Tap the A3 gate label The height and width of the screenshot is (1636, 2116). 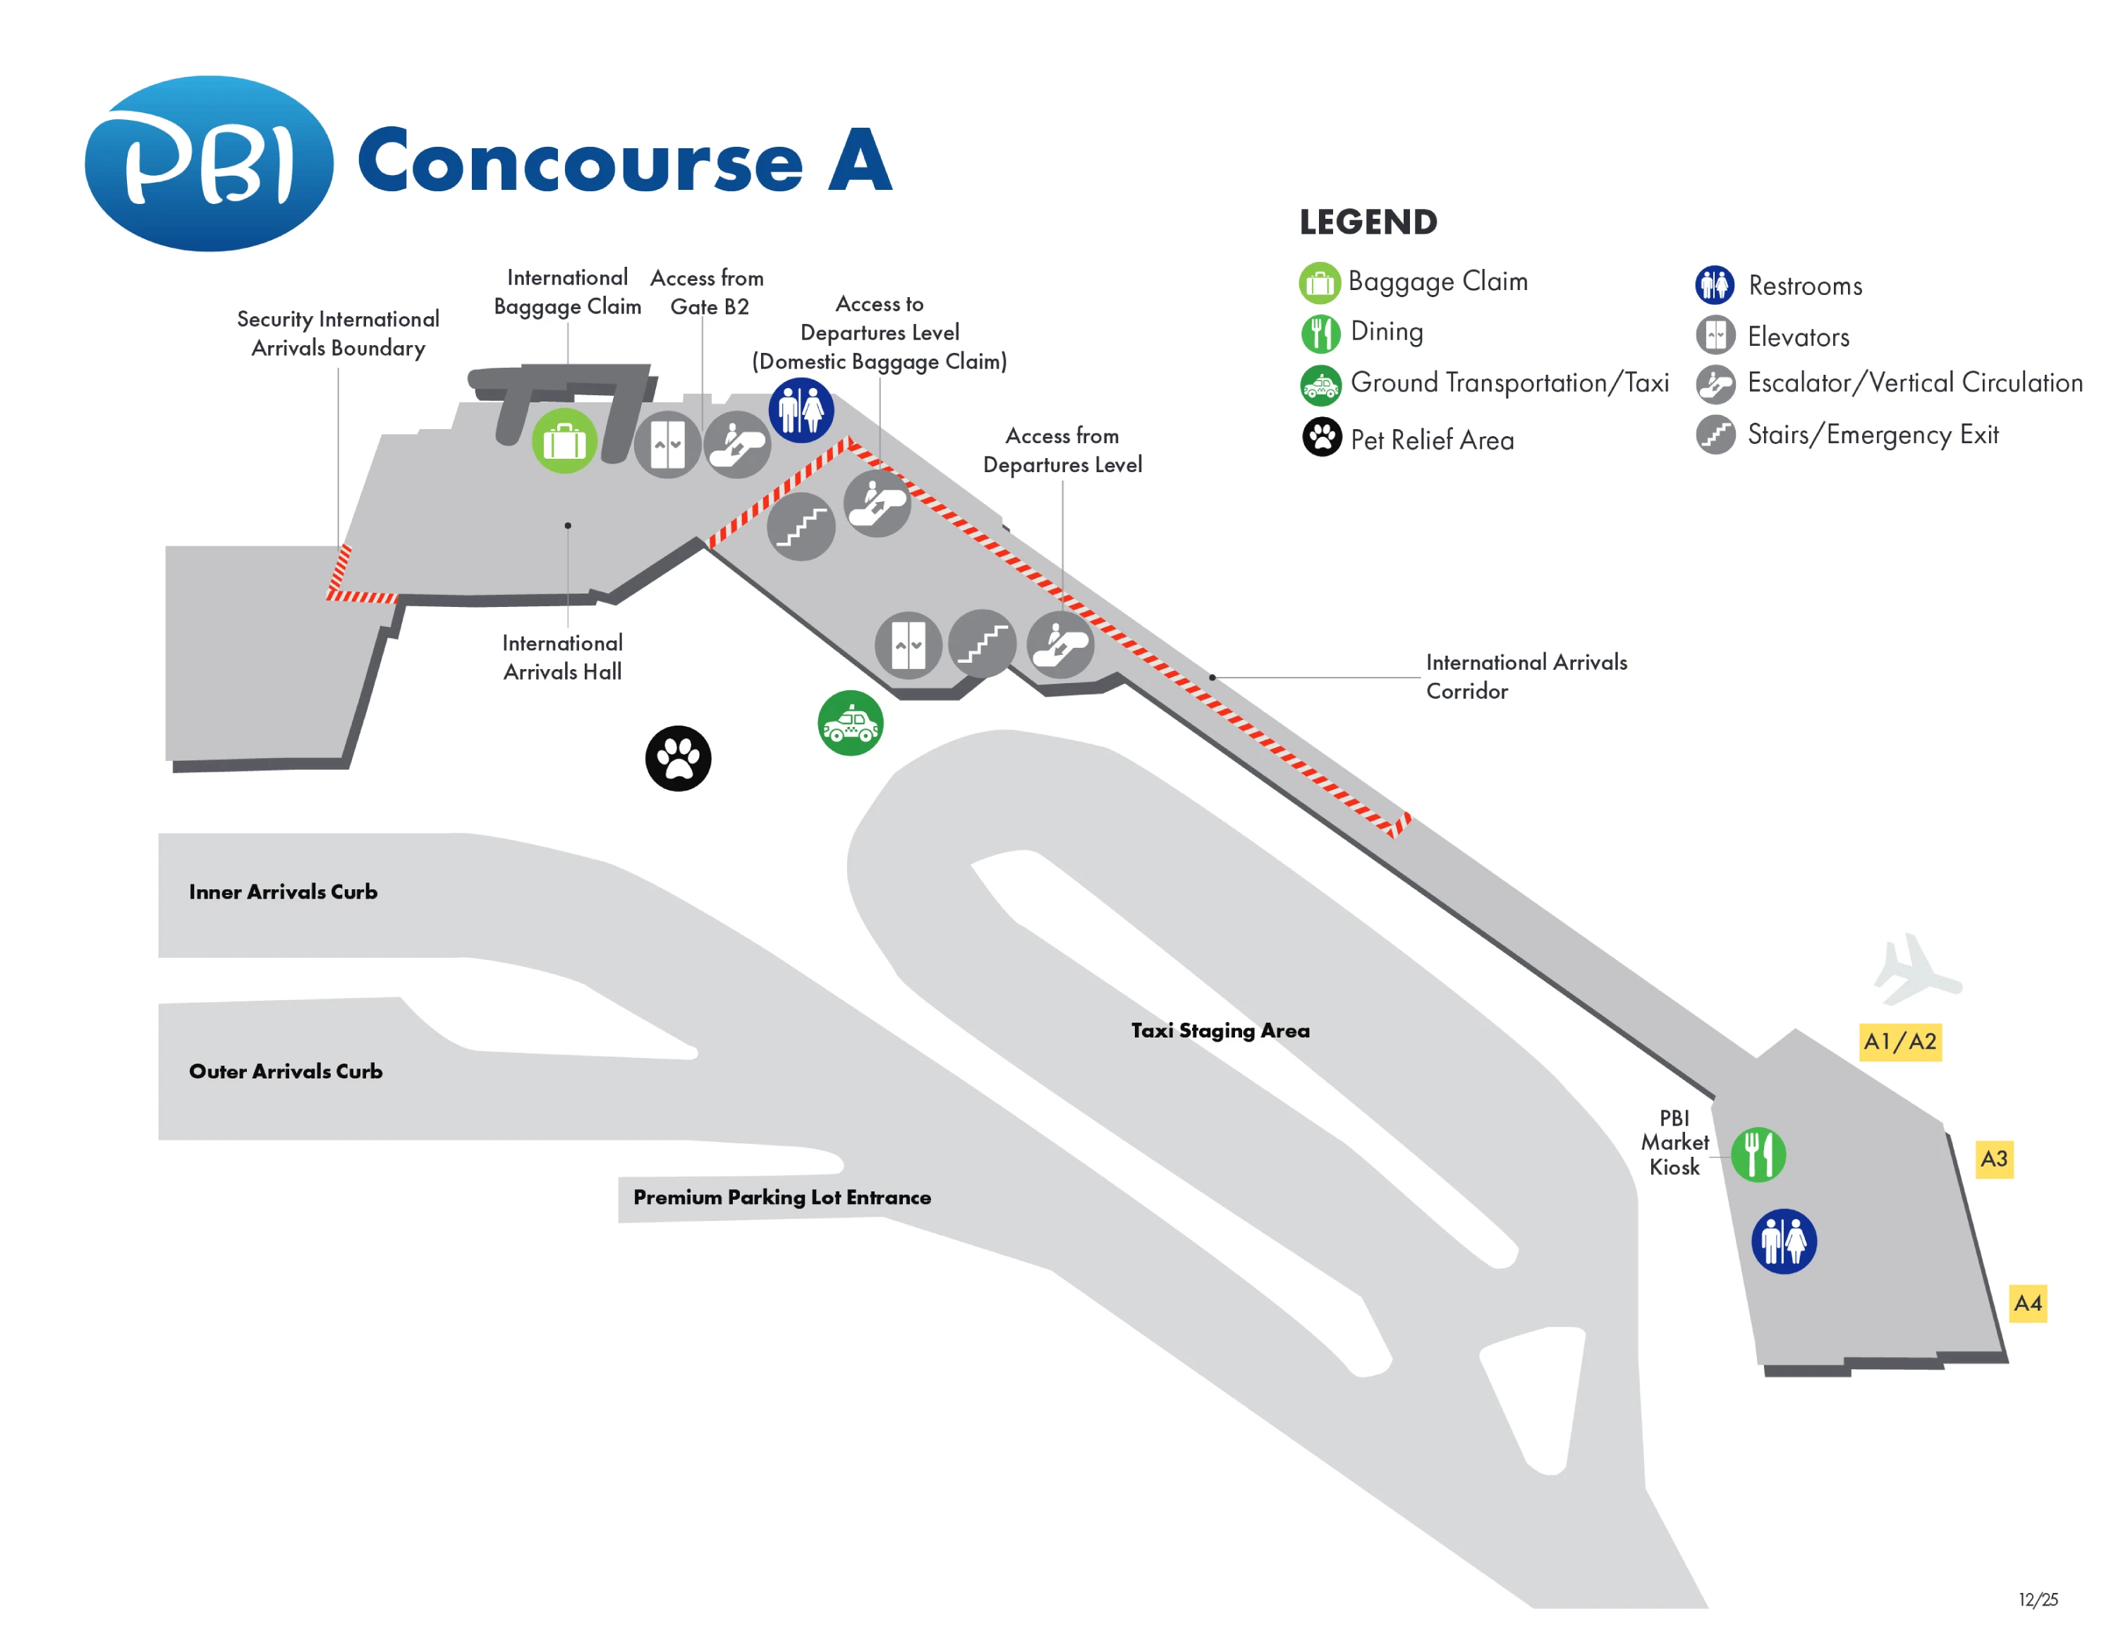pos(1993,1158)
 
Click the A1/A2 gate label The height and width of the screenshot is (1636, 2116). pos(1899,1042)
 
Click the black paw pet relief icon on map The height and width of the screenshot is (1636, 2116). pos(679,758)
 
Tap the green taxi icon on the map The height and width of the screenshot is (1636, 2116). pos(850,723)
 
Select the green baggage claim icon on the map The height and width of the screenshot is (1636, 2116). pos(564,442)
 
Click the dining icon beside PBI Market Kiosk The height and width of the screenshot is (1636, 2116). pos(1758,1155)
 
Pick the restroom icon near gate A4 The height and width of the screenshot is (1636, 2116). pos(1782,1241)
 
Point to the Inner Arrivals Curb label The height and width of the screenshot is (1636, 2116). pos(283,891)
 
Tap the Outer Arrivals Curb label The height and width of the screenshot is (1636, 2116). pos(286,1071)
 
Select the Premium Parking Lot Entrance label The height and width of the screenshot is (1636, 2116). pos(782,1197)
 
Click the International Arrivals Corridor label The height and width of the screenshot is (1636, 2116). pos(1525,675)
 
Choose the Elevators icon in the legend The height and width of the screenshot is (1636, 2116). pos(1715,335)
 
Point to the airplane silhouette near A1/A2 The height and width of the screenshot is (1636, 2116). pos(1914,969)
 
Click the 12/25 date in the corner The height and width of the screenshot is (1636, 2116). pos(2038,1599)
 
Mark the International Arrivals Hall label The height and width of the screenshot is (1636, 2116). pos(562,657)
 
